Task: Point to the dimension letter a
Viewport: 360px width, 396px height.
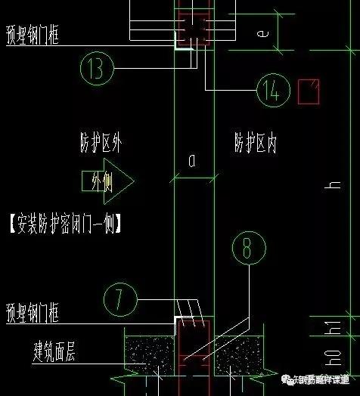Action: (191, 159)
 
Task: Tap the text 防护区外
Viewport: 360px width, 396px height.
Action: (101, 141)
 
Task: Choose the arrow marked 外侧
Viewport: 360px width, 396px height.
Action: (107, 181)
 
